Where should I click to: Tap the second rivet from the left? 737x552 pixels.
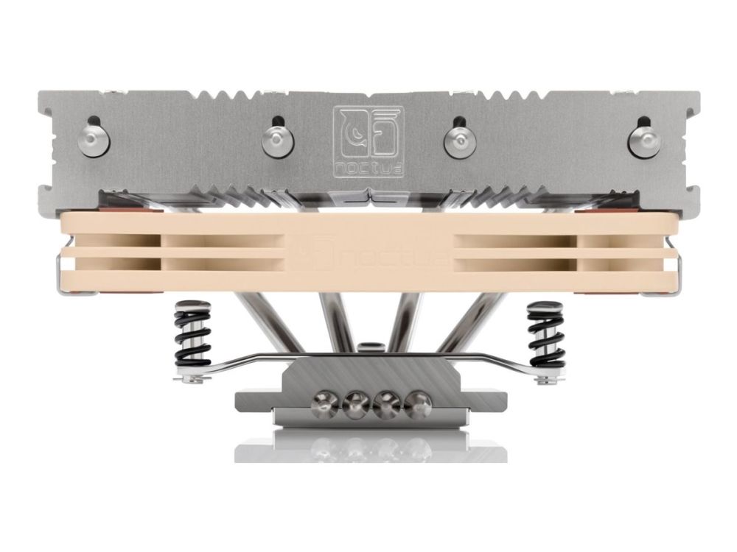click(x=277, y=140)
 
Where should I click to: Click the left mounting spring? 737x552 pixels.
click(x=192, y=334)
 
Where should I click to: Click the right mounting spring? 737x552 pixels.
click(x=545, y=334)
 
